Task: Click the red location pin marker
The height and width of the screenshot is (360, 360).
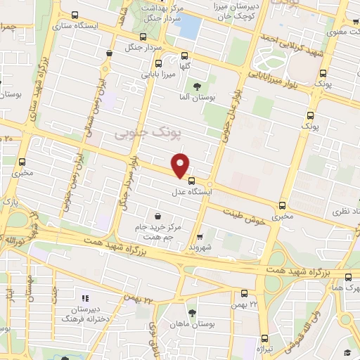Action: [x=181, y=165]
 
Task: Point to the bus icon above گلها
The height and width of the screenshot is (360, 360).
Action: [x=185, y=57]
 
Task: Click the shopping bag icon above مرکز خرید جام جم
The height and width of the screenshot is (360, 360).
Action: [x=157, y=215]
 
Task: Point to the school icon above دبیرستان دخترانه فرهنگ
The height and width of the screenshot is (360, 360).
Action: [x=85, y=298]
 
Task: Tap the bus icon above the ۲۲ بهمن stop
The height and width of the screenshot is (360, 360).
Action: [x=244, y=293]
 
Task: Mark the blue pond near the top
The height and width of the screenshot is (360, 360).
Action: [x=191, y=27]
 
